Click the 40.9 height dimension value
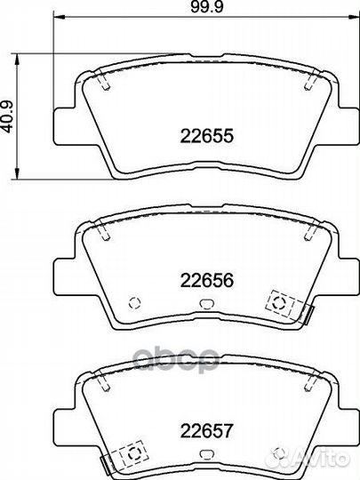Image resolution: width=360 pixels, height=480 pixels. (7, 116)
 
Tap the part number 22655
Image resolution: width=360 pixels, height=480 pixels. (206, 136)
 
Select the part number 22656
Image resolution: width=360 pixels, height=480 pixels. (206, 280)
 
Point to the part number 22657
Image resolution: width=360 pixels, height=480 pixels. (206, 430)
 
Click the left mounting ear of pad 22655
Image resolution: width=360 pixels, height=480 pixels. (65, 126)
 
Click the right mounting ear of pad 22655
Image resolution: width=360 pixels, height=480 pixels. (348, 126)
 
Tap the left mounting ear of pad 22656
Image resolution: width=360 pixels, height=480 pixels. (65, 277)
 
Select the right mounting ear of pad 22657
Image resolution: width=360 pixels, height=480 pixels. (348, 428)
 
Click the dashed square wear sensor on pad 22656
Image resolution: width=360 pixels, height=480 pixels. (280, 303)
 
